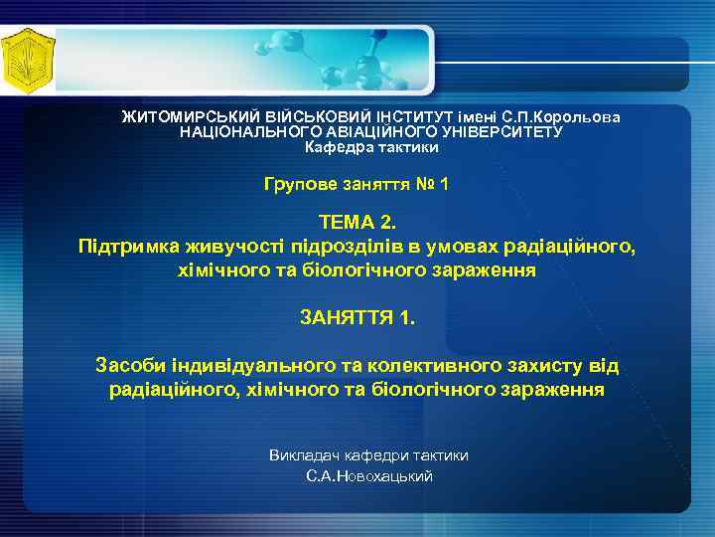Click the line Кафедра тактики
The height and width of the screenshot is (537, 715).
click(x=370, y=146)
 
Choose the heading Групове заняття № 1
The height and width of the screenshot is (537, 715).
click(x=357, y=184)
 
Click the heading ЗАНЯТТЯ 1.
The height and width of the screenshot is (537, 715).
click(x=357, y=318)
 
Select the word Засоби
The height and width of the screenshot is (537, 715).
click(x=128, y=366)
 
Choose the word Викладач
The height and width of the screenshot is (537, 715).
click(x=304, y=454)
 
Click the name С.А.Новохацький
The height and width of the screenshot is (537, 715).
click(x=369, y=476)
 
